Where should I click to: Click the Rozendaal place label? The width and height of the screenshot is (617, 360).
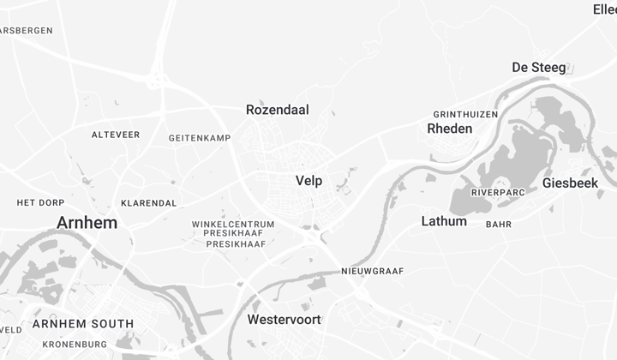tap(277, 110)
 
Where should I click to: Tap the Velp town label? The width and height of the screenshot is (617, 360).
tap(308, 181)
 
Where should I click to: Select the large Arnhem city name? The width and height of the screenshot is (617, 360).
tap(87, 223)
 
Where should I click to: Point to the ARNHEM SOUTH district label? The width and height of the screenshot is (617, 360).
tap(83, 324)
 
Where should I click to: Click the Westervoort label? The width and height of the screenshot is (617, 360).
tap(284, 320)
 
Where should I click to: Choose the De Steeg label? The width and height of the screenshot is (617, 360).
tap(538, 68)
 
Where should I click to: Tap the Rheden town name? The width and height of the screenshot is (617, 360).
tap(449, 129)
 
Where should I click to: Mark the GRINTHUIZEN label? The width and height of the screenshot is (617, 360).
tap(465, 114)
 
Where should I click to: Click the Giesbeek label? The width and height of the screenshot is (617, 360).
tap(570, 183)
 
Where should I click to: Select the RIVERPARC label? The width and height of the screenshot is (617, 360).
tap(497, 193)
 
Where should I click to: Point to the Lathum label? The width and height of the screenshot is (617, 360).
tap(444, 221)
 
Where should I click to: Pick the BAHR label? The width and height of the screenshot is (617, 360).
tap(498, 225)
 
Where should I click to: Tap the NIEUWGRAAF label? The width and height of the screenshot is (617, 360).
tap(372, 272)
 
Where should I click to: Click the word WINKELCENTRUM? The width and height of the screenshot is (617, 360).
tap(233, 225)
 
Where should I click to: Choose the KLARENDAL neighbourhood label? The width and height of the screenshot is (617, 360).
tap(149, 203)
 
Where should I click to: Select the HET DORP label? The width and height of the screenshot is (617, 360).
tap(41, 203)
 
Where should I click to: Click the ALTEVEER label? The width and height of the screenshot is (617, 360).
tap(116, 135)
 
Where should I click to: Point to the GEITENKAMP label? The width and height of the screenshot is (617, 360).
tap(200, 138)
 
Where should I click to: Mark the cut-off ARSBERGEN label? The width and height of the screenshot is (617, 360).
tap(26, 30)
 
